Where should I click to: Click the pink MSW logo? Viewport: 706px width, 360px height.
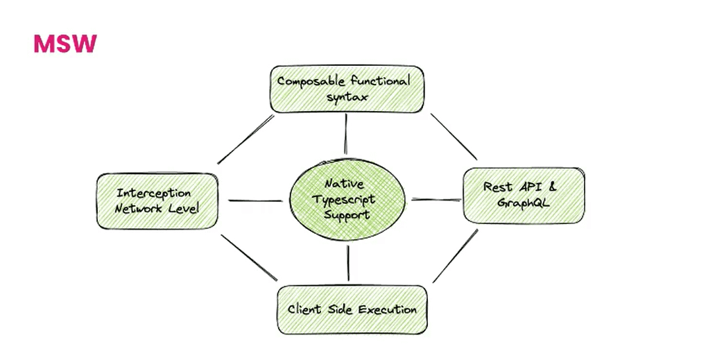pos(65,44)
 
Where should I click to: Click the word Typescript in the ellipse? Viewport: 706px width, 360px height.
pos(345,200)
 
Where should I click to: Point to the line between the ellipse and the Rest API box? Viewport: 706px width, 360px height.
pos(436,200)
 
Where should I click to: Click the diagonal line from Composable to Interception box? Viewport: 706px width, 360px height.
pos(246,139)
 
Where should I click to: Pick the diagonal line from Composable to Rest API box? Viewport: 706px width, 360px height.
pos(454,136)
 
